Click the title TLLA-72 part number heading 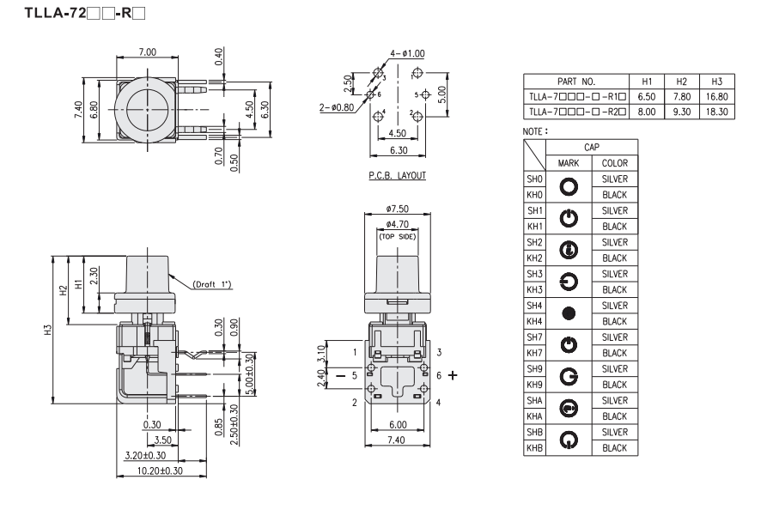85,13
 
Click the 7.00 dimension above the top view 147,52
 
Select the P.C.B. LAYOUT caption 397,175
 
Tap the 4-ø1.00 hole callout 407,53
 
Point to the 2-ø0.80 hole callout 337,107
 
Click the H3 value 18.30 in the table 716,112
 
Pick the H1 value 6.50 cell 647,96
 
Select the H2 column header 681,82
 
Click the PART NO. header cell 576,82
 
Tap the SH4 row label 534,306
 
